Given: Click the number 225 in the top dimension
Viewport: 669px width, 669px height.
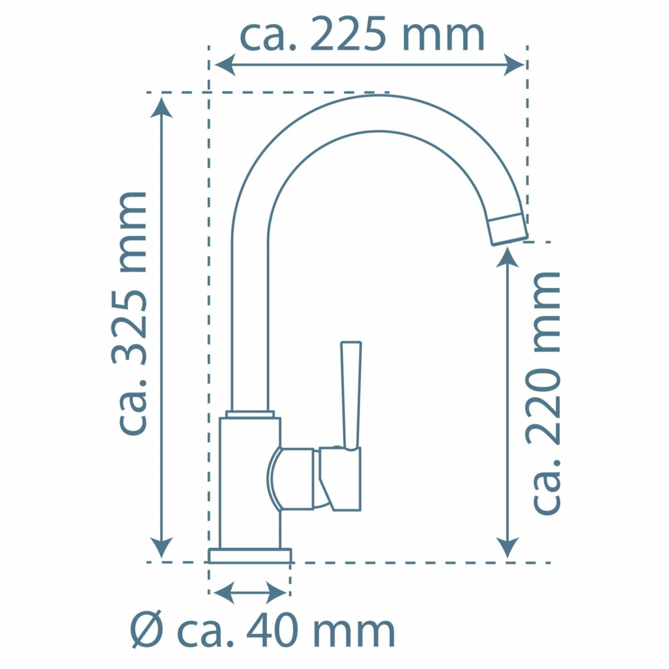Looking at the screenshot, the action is (x=348, y=35).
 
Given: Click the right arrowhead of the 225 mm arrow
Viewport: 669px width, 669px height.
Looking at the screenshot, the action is (x=514, y=65).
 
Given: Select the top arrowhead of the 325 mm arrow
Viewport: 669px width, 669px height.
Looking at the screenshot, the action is (x=161, y=107).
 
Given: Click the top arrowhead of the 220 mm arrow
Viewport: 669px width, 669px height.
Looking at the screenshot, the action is (x=508, y=256).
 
